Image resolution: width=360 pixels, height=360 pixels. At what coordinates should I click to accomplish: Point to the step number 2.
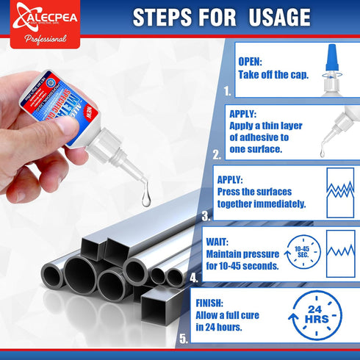pyautogui.click(x=216, y=155)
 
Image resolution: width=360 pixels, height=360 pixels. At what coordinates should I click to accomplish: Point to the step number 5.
pyautogui.click(x=183, y=339)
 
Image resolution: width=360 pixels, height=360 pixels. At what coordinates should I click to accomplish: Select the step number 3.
pyautogui.click(x=206, y=216)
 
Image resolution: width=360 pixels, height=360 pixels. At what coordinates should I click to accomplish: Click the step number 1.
pyautogui.click(x=228, y=93)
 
